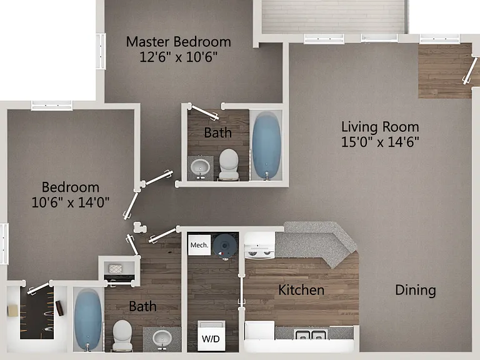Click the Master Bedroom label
tap(179, 42)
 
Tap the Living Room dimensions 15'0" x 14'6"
tap(380, 142)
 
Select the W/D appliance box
tap(211, 336)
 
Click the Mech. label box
tap(199, 245)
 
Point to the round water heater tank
tap(225, 246)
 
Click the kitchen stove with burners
tap(259, 246)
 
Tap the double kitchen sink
tap(311, 334)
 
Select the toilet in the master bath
tap(229, 164)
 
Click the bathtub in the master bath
tap(266, 145)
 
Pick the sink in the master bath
tap(200, 167)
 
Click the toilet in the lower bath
tap(122, 335)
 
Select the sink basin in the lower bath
tap(162, 338)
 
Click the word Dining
tap(416, 291)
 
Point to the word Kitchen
tap(301, 290)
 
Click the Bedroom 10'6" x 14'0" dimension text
tap(71, 202)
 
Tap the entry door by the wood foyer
tap(470, 71)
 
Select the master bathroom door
tap(203, 112)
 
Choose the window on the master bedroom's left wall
tap(101, 51)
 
